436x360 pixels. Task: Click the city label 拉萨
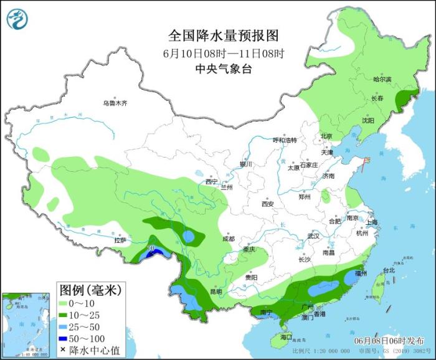pos(120,240)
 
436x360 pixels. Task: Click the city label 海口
pos(286,337)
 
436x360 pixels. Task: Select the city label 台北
pos(389,270)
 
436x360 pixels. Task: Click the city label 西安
pos(268,204)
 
